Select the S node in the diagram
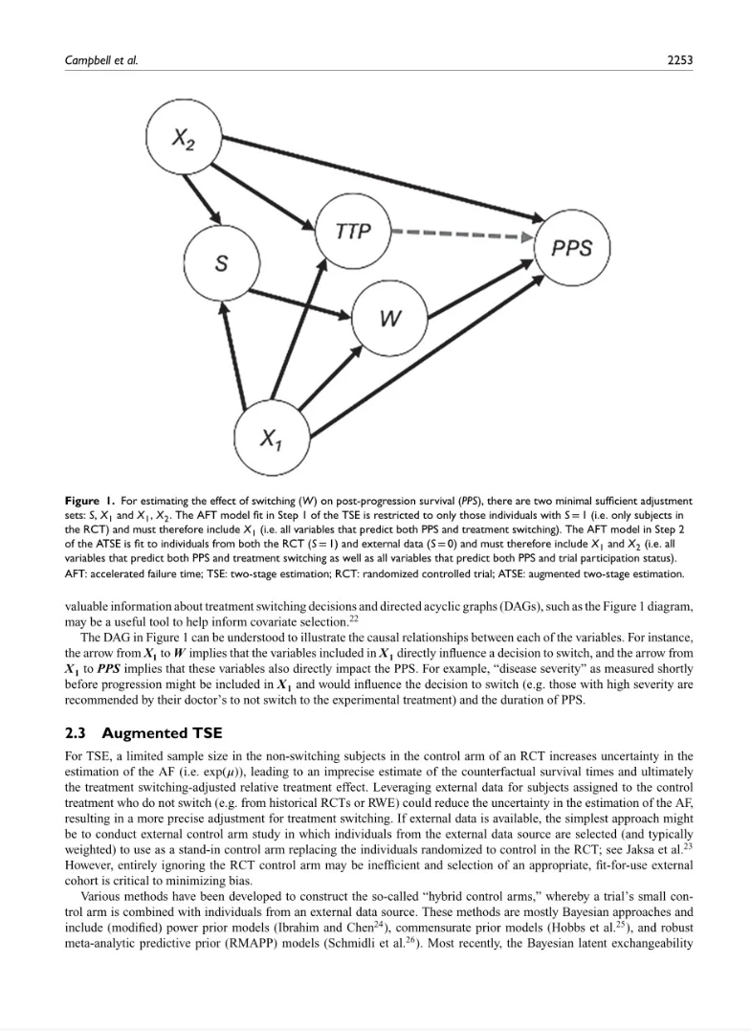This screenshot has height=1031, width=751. click(221, 264)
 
